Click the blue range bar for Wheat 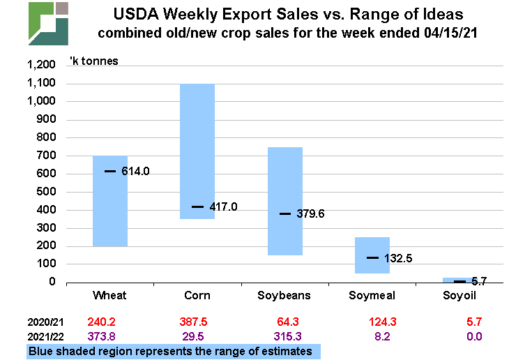pos(110,202)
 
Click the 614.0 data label pos(135,171)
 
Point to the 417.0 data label pos(223,207)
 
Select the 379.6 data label pos(310,214)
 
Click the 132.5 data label pos(398,258)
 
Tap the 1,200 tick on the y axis pos(40,66)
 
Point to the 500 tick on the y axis pos(46,192)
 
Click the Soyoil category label pos(460,295)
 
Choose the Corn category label pos(197,295)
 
